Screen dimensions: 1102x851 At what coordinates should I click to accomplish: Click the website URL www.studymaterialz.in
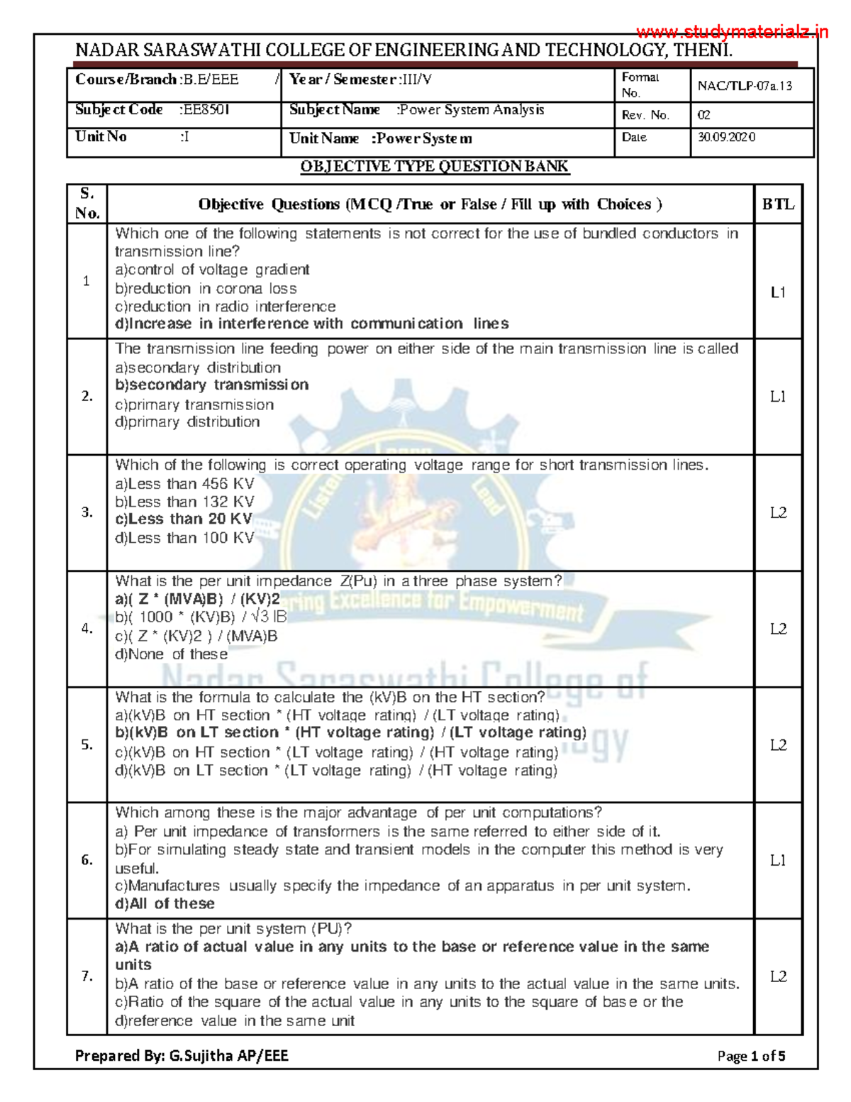point(732,32)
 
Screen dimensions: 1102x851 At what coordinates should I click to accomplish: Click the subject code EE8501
point(206,110)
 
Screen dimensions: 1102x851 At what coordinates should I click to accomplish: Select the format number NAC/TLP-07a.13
point(745,86)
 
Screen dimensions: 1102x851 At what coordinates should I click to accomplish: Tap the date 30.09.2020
point(726,138)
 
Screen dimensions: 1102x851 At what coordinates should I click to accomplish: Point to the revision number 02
point(703,115)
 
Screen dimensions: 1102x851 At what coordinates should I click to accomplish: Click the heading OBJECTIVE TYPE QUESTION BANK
point(434,167)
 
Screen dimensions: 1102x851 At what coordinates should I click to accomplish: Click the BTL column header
point(778,204)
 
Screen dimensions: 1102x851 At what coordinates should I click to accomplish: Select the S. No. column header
point(87,204)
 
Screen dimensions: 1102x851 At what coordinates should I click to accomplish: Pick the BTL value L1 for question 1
point(778,292)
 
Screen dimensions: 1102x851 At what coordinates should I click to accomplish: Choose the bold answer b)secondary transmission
point(211,385)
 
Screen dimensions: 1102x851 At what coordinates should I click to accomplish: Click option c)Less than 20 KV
point(184,519)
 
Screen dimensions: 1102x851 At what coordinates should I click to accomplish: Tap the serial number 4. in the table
point(87,629)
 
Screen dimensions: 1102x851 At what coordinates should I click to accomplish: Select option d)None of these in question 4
point(171,654)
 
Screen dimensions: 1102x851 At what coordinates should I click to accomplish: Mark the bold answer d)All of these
point(165,904)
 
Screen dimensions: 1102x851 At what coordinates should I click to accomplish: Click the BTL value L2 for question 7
point(778,977)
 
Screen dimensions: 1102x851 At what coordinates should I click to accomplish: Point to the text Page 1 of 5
point(751,1056)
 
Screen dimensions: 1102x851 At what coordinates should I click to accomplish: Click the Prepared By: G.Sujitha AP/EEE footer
point(182,1056)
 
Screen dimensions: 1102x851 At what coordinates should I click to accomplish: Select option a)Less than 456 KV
point(184,484)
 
